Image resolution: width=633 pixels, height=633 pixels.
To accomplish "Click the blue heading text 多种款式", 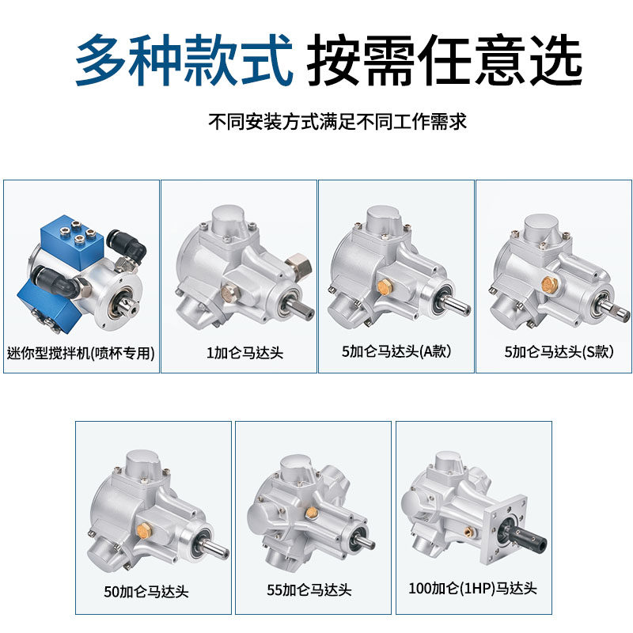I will pos(184,61).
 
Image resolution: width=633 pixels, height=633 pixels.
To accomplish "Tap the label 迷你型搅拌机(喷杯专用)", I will pos(81,352).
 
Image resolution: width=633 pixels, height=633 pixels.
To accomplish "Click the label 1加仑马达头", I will pos(238,352).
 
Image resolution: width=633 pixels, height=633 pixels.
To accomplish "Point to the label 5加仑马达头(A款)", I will pos(396,352).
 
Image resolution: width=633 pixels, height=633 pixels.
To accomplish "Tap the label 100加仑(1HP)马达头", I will pos(472,589).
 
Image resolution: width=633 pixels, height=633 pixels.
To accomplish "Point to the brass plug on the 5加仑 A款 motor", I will pos(385,285).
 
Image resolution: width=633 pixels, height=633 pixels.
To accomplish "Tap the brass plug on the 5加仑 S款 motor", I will pos(545,282).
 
